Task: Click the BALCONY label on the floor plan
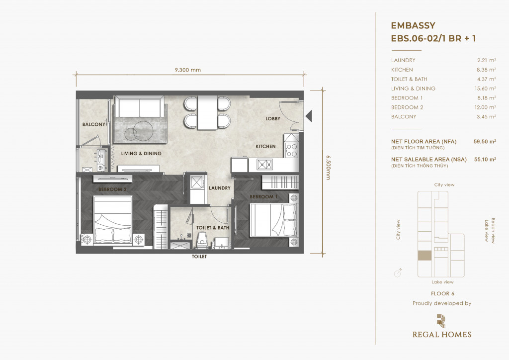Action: click(93, 124)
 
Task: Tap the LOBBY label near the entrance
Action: click(273, 118)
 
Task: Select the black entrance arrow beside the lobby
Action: click(309, 116)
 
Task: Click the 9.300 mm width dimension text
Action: click(187, 70)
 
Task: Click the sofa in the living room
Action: click(140, 106)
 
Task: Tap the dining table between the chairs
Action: click(207, 113)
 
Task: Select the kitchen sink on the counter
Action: click(265, 165)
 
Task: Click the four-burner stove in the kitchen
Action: click(291, 150)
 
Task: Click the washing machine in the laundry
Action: click(196, 183)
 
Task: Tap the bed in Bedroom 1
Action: click(274, 220)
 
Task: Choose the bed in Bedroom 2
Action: click(113, 220)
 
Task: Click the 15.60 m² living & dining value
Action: click(485, 89)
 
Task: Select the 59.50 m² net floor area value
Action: click(485, 142)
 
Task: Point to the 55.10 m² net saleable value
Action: click(485, 160)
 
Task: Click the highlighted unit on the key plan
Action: click(424, 256)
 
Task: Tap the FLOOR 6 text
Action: click(442, 293)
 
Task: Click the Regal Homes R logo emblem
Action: click(441, 321)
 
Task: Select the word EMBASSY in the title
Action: click(413, 25)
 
